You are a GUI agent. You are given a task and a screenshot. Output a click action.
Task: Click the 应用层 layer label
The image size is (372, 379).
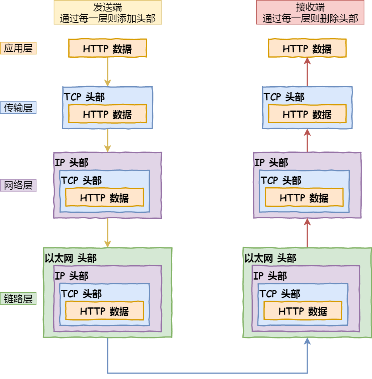coord(18,48)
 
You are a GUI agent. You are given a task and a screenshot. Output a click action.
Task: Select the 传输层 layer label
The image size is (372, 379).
coord(18,108)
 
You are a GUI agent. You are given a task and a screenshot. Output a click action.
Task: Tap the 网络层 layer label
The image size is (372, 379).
coord(18,185)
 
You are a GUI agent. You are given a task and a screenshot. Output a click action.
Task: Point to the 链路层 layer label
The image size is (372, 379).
coord(18,299)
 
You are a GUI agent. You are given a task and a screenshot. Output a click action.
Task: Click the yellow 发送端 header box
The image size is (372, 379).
coord(108,12)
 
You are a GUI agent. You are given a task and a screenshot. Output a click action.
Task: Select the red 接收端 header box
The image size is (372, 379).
coord(310,12)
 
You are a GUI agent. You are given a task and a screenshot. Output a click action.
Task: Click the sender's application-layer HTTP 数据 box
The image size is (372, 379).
coord(108,48)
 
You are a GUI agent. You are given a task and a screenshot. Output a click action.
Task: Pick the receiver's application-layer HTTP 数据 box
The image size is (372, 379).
coord(307,48)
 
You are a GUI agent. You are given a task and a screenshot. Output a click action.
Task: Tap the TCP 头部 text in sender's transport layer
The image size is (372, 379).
coord(84,97)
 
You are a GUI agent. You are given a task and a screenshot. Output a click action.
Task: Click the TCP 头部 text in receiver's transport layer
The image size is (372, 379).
coord(284,97)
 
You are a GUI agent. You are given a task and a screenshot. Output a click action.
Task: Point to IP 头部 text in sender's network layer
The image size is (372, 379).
coord(72,162)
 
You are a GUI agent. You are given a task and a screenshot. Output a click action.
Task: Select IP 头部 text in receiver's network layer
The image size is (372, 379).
coord(271,162)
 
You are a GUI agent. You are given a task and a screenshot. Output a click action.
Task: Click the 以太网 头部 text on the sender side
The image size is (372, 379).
coord(71,258)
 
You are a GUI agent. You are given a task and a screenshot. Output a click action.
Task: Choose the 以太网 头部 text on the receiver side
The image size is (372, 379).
coord(270,258)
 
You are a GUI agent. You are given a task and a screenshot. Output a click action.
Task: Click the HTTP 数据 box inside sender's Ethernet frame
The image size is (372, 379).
coord(105,311)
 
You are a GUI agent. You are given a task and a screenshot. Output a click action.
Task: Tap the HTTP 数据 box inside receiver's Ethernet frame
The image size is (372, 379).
coord(303,311)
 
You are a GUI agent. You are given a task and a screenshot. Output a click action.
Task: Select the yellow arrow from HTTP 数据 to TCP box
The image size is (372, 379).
coord(108,72)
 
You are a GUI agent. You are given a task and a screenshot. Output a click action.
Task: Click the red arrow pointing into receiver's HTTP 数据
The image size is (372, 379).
coord(307,72)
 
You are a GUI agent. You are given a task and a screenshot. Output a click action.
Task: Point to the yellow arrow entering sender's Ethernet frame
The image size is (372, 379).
coord(108,233)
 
